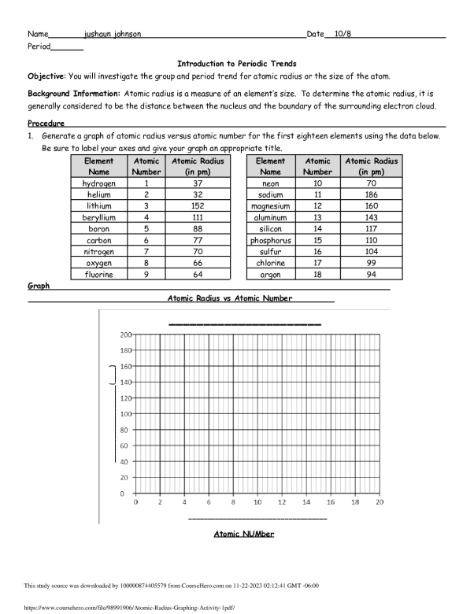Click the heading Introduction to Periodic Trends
[236, 63]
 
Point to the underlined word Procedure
[46, 124]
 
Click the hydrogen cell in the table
[98, 183]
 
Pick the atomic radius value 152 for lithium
[196, 205]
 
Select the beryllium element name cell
[98, 217]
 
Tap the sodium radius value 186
[372, 194]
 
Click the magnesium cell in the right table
[270, 205]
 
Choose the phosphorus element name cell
[270, 240]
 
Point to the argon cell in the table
[270, 274]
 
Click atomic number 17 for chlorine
[318, 263]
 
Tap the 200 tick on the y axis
[126, 335]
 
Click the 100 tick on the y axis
[126, 414]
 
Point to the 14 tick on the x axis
[306, 502]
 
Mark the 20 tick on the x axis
[380, 502]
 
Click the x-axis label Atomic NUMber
[243, 534]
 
